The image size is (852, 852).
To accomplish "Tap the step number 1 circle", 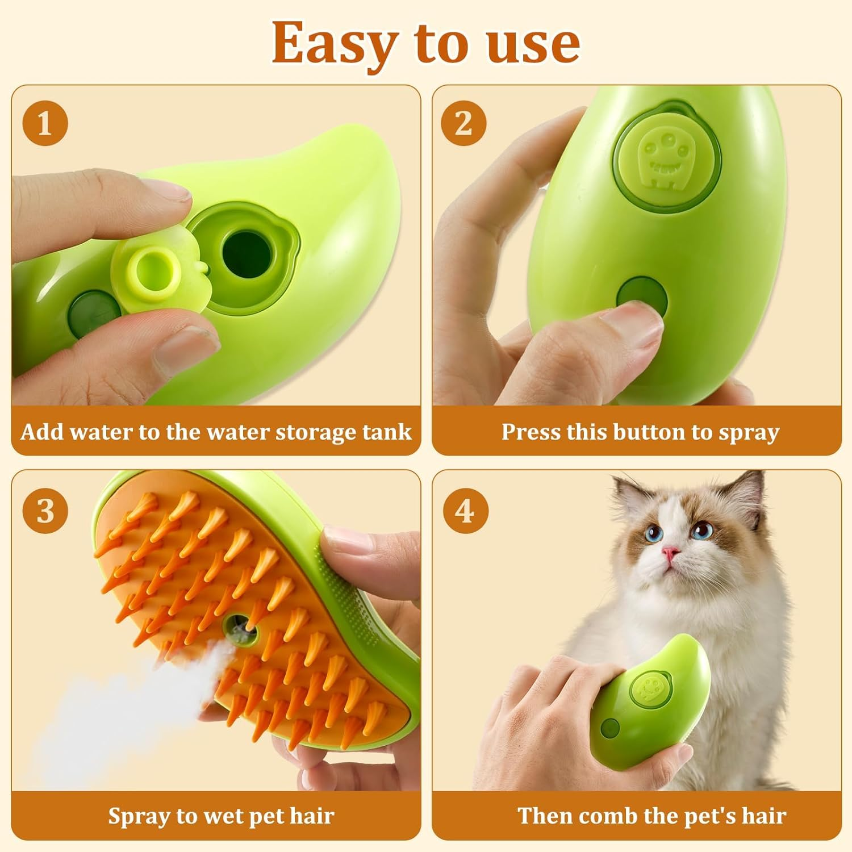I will (45, 123).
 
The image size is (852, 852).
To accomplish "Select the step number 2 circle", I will (464, 123).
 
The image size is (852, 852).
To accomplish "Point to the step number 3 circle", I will (45, 511).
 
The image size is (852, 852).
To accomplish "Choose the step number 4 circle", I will (465, 511).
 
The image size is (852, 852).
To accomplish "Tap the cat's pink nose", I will (671, 553).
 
